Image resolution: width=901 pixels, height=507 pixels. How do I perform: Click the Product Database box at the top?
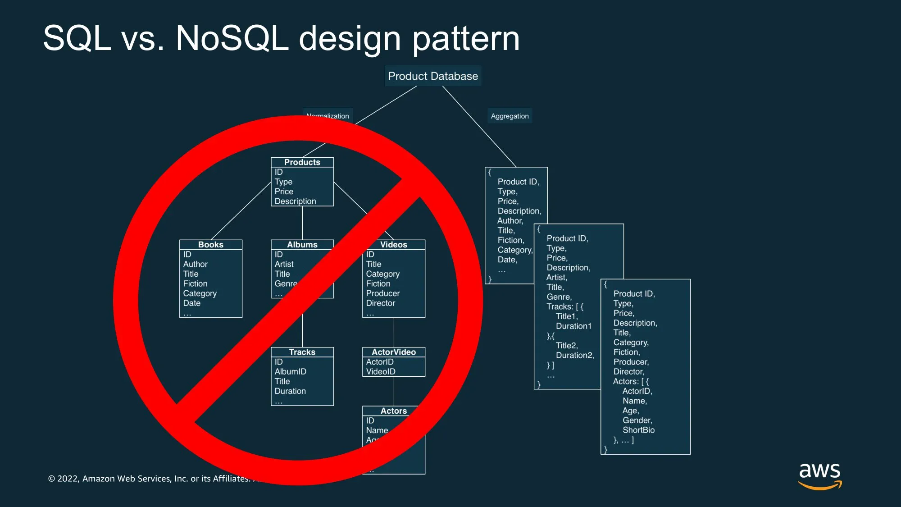433,76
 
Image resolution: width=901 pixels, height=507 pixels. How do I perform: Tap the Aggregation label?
510,116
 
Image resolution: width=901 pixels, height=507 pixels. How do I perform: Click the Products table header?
302,162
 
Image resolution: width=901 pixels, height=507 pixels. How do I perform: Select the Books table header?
210,245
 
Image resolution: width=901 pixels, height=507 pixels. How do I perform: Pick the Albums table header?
302,245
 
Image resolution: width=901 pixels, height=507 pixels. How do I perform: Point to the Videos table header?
393,245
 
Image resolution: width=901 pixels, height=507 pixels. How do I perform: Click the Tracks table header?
302,352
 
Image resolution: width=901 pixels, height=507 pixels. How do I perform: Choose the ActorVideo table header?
393,352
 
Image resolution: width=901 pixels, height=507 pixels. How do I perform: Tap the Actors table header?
393,411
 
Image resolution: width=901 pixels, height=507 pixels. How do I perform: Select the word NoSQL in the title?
232,38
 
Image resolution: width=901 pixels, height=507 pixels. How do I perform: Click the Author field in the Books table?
195,264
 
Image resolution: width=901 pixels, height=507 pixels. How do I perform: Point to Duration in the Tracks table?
290,391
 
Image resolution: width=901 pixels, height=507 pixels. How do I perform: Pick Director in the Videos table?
380,303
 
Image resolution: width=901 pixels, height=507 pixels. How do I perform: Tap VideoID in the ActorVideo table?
380,372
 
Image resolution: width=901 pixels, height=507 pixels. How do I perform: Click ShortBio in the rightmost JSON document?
638,430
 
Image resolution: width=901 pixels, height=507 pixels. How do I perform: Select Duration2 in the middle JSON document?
574,355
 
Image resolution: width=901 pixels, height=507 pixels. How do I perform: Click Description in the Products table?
295,201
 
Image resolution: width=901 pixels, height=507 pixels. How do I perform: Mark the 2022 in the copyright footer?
68,479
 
